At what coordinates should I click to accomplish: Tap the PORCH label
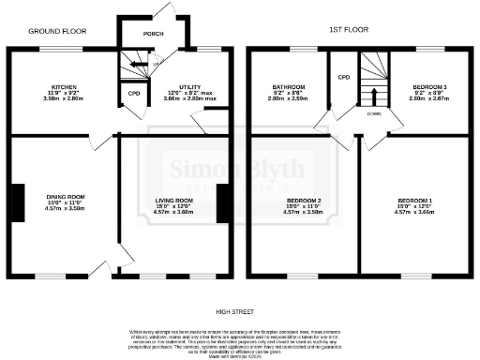(x=153, y=34)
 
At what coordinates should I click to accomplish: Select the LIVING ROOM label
(x=172, y=200)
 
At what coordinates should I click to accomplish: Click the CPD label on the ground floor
(x=131, y=94)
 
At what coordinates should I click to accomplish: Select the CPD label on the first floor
(x=343, y=77)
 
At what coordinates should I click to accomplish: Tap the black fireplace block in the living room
(x=222, y=203)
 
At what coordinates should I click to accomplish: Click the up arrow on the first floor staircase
(x=375, y=96)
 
